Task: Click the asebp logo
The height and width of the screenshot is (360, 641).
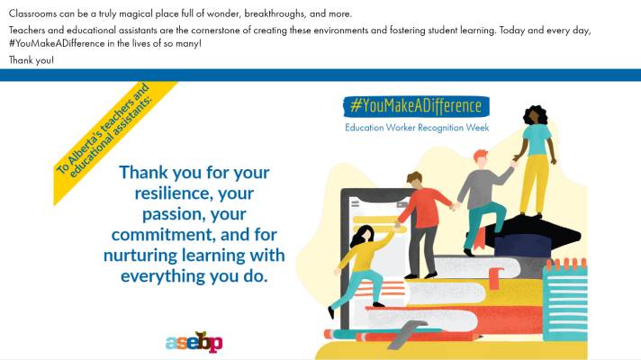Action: coord(194,342)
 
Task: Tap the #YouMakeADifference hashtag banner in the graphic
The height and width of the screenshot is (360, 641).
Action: coord(416,106)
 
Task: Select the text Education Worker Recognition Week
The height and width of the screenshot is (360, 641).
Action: coord(417,128)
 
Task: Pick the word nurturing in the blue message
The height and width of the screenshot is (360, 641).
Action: coord(140,256)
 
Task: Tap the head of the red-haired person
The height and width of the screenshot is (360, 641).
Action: coord(481,158)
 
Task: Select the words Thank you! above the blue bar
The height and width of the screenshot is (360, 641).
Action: coord(32,60)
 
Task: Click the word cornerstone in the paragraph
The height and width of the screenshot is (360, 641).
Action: coord(216,31)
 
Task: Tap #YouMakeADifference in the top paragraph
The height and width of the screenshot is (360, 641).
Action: coord(57,43)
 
